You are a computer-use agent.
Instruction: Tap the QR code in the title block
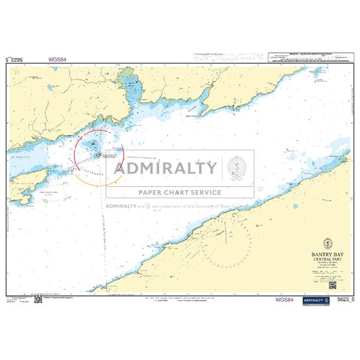tap(331, 284)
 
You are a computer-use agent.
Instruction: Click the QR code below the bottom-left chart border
tap(37, 300)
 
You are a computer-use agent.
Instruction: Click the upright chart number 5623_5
tap(342, 300)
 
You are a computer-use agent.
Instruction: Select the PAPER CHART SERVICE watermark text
tap(180, 192)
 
